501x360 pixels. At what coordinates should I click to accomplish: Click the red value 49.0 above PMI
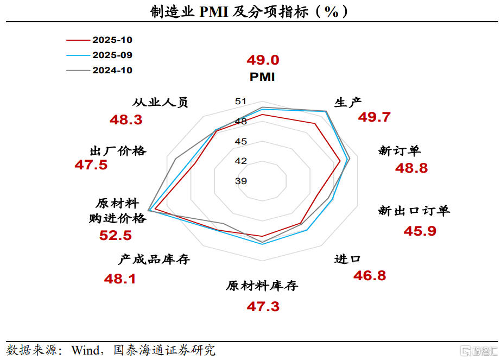(263, 60)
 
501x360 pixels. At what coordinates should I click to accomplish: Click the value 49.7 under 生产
(375, 117)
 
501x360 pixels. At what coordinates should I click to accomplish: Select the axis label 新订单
(399, 151)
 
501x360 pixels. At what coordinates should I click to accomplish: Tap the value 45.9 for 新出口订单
(420, 231)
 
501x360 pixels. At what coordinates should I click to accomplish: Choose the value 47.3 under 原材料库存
(263, 307)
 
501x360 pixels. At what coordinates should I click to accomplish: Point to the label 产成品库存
(155, 260)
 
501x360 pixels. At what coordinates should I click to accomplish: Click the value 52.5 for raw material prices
(116, 236)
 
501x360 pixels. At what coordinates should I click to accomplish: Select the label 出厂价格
(118, 151)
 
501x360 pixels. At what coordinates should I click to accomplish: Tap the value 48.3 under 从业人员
(126, 120)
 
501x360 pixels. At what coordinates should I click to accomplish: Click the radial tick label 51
(241, 102)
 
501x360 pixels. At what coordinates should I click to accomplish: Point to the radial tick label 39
(241, 181)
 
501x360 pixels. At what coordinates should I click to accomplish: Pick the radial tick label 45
(241, 141)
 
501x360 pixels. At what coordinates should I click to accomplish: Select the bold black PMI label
(262, 77)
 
